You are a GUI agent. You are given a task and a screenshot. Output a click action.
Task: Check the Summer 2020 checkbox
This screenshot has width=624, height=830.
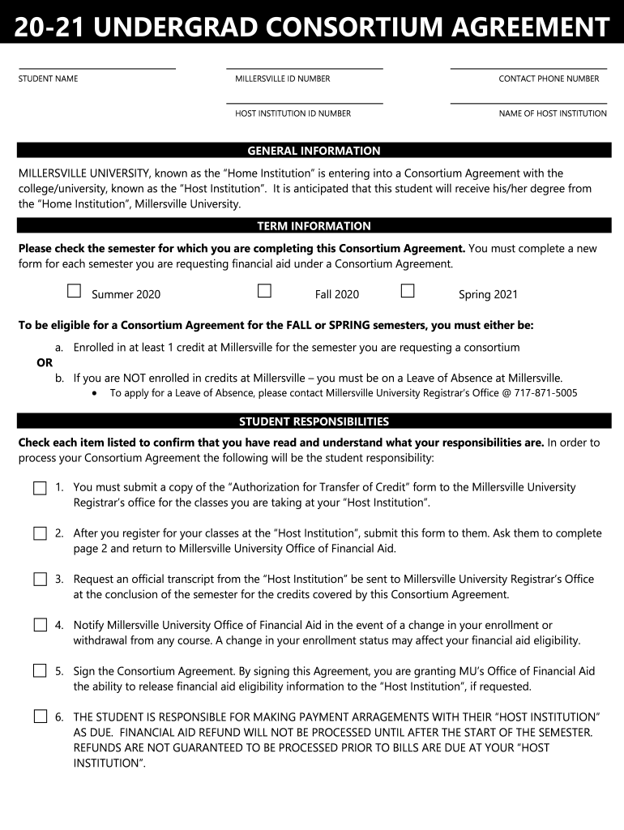[x=75, y=291]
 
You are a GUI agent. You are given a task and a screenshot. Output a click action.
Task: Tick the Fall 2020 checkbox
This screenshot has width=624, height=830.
[x=264, y=291]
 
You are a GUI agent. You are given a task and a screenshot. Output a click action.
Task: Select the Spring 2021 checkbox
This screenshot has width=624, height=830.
[x=408, y=291]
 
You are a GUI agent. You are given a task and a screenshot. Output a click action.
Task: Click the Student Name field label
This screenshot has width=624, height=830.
[x=49, y=79]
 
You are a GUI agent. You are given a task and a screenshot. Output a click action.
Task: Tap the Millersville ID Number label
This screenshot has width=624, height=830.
[x=283, y=79]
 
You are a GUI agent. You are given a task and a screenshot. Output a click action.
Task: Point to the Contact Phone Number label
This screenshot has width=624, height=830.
[x=549, y=79]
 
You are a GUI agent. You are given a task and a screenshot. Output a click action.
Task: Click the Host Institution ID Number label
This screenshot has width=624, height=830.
[x=293, y=113]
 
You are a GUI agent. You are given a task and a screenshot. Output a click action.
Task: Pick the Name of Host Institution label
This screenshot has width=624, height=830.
[x=553, y=113]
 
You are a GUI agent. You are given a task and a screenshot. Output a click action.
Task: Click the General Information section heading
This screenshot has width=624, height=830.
[x=314, y=151]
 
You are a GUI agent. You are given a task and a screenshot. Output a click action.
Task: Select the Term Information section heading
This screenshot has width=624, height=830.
[x=314, y=226]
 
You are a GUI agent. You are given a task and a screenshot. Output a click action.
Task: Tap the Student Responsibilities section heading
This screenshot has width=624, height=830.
[x=314, y=421]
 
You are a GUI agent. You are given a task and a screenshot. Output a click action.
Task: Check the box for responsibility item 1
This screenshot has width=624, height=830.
[x=40, y=489]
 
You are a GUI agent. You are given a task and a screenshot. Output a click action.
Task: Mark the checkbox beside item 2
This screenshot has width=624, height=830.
[x=40, y=534]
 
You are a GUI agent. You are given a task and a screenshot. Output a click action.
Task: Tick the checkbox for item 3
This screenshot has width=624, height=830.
[x=40, y=580]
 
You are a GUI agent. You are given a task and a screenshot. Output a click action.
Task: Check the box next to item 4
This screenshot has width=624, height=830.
[x=40, y=625]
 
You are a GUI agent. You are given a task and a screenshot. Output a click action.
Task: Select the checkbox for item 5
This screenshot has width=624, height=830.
[x=40, y=671]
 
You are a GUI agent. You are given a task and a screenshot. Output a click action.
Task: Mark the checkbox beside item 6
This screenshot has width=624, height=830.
[x=40, y=717]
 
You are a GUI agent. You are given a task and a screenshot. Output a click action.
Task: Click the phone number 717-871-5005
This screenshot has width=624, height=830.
[x=547, y=393]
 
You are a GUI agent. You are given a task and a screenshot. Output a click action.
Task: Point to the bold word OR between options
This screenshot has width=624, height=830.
[x=45, y=362]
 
